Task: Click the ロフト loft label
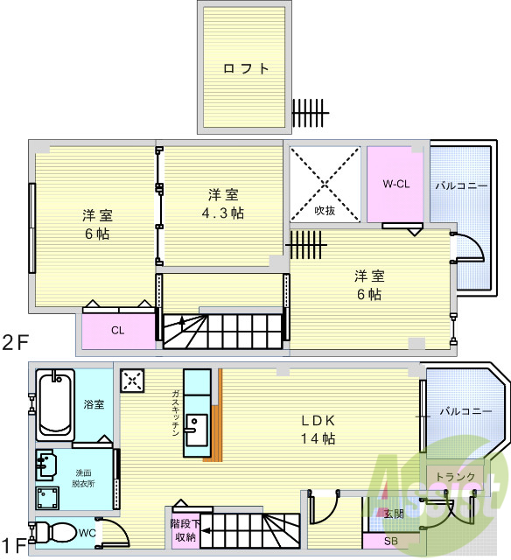(246, 69)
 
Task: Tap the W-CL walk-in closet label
(396, 184)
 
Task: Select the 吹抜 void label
(325, 210)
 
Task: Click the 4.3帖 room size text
(222, 214)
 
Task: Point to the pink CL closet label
(117, 330)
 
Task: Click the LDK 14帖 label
(318, 429)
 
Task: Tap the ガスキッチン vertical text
(176, 412)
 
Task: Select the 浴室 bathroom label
(94, 404)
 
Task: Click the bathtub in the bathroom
(54, 405)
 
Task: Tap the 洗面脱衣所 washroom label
(84, 478)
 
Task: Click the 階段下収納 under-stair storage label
(185, 530)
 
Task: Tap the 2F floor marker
(14, 341)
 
